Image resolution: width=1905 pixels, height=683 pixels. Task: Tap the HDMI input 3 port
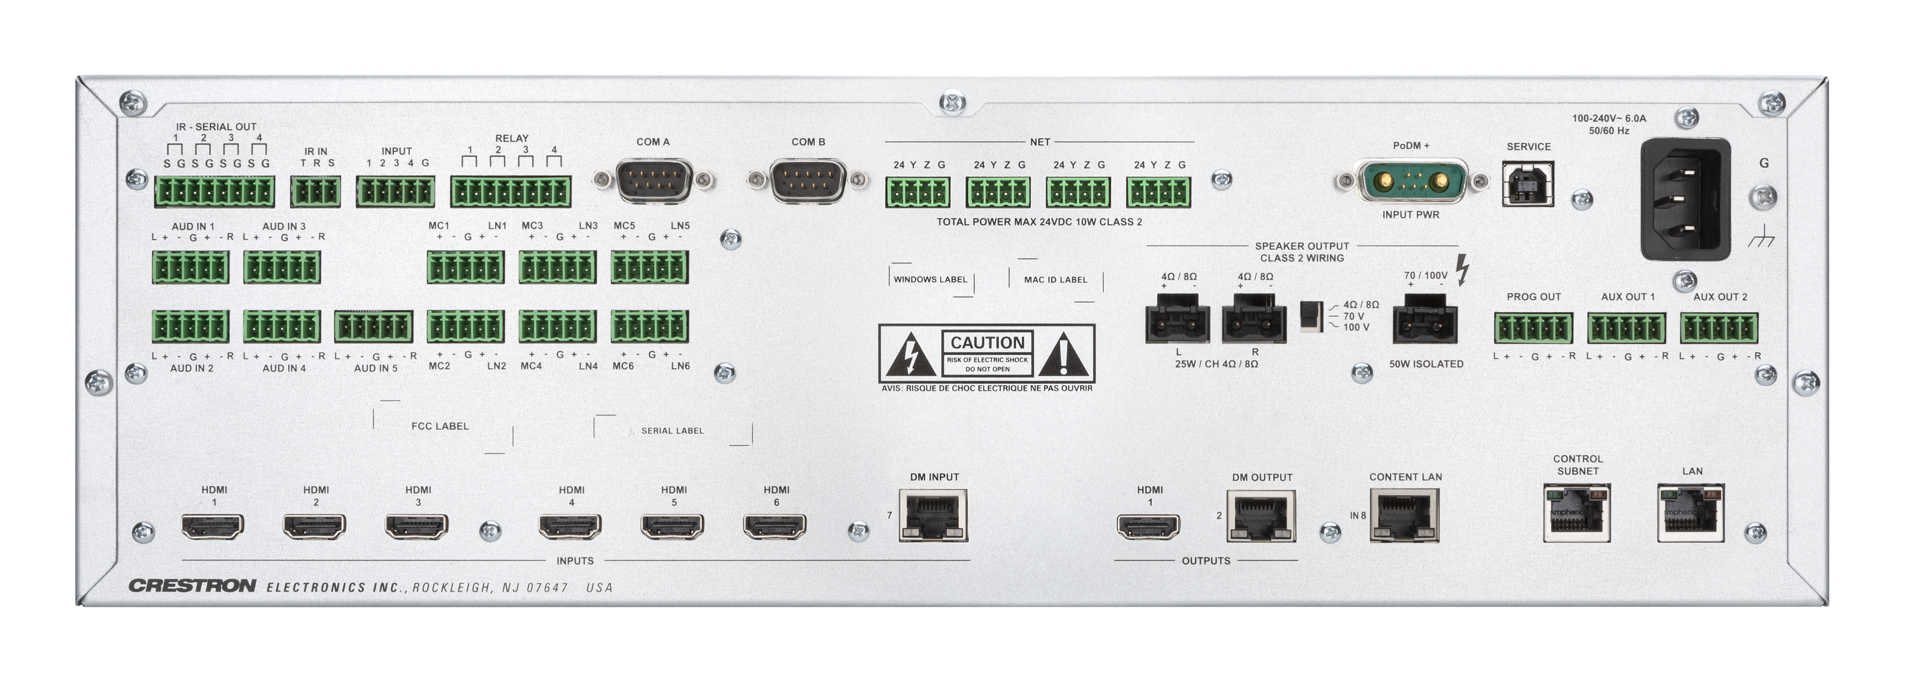pos(416,527)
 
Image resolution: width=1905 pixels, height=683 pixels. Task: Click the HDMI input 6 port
pos(774,527)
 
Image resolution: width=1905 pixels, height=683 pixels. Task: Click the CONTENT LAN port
pos(1404,516)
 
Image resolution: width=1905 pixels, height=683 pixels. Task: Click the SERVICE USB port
pos(1528,184)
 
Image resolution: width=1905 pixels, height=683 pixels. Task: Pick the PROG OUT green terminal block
pos(1533,328)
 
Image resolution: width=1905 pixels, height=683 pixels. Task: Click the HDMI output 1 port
pos(1148,527)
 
